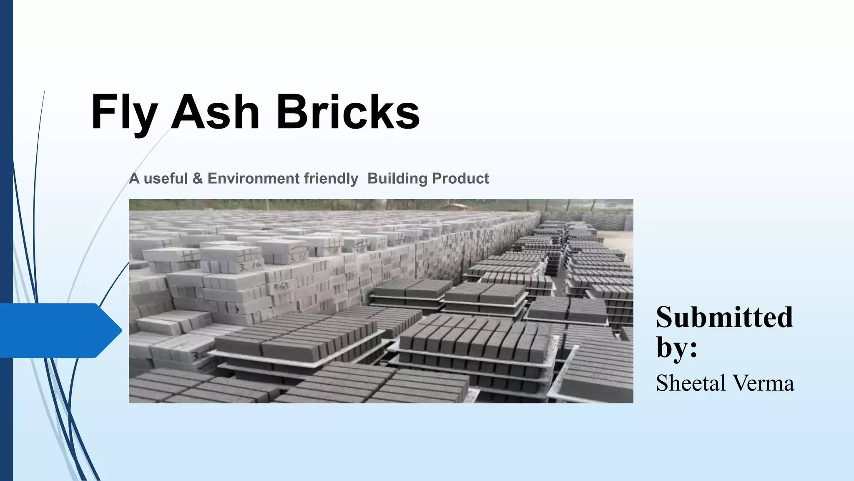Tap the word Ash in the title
(216, 112)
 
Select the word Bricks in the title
(348, 112)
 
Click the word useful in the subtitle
(166, 179)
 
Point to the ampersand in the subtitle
(198, 179)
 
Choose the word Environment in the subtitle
(253, 179)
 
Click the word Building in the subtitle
(397, 179)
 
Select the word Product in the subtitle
(460, 179)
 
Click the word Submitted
(724, 317)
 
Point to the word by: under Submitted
(676, 347)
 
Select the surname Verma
(763, 383)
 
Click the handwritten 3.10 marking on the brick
(251, 265)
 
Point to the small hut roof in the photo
(457, 206)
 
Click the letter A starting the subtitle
(134, 179)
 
